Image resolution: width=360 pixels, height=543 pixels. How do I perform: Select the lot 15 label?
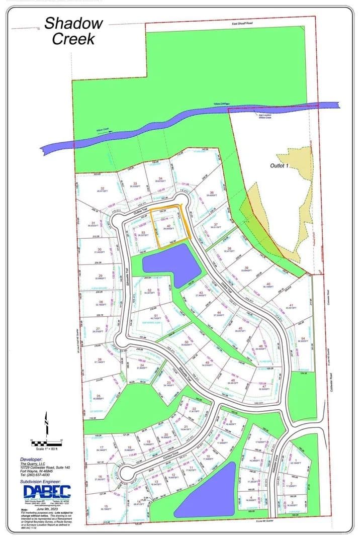click(106, 507)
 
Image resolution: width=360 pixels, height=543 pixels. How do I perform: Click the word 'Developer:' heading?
click(33, 460)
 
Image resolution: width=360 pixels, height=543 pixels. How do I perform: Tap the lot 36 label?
click(212, 193)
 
